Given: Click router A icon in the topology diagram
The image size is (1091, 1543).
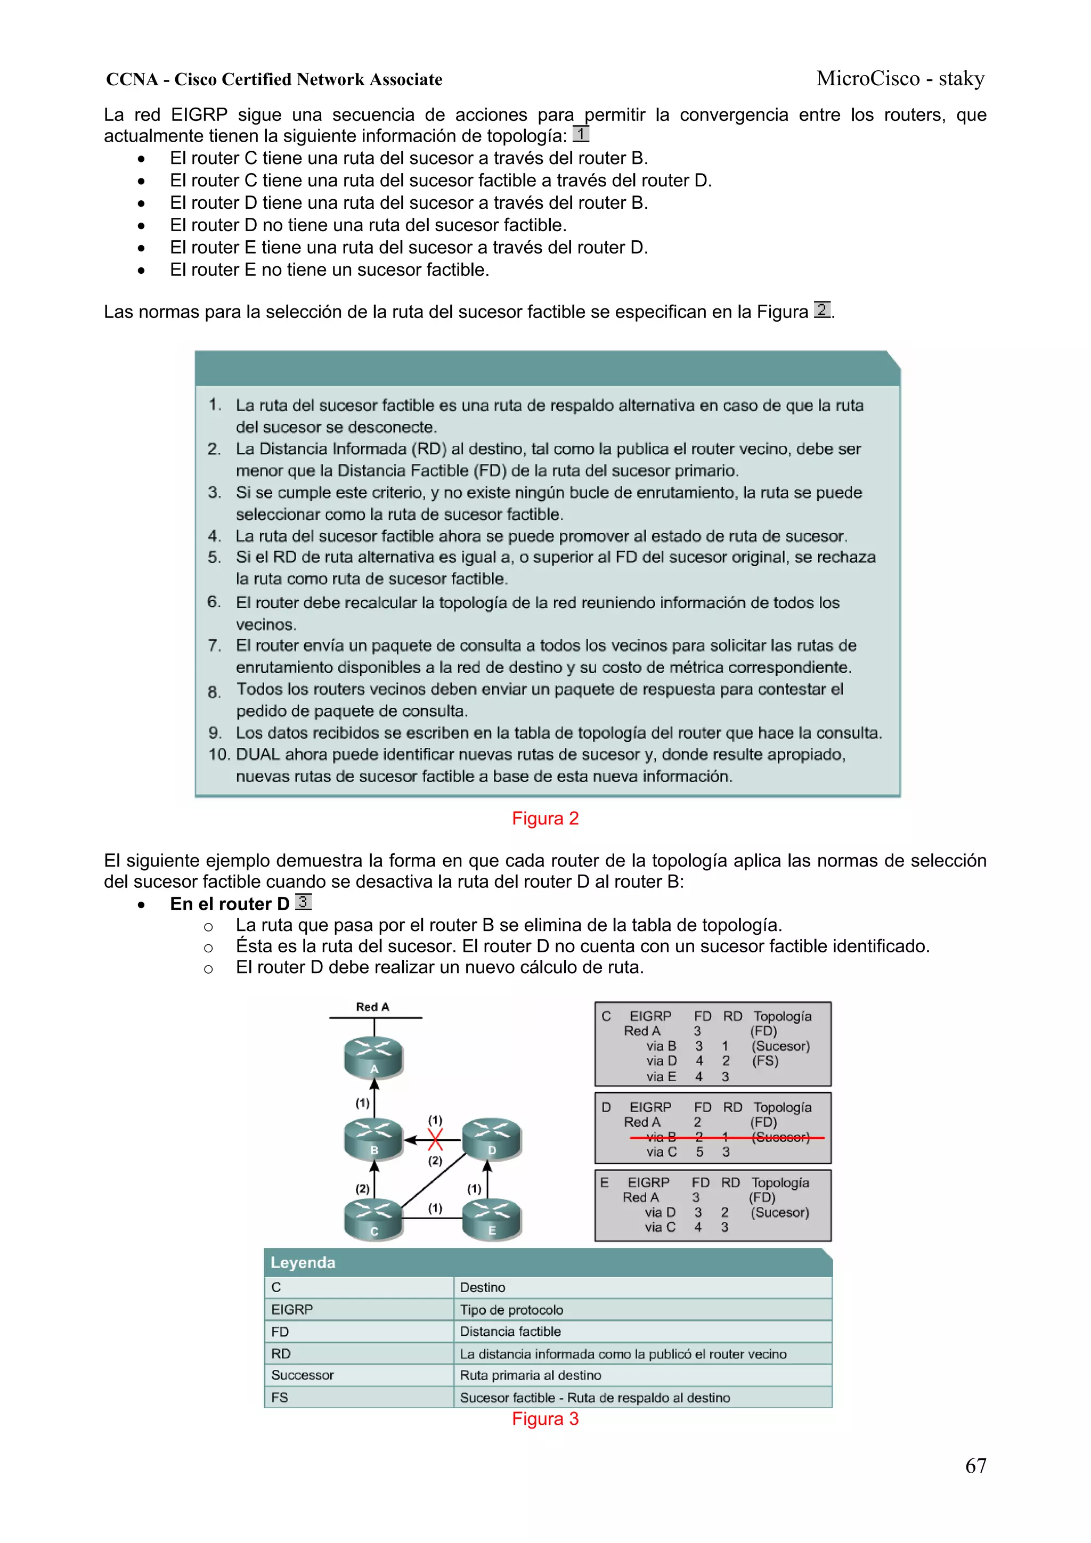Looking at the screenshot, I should (x=374, y=1057).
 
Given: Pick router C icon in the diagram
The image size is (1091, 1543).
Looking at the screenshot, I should (x=374, y=1219).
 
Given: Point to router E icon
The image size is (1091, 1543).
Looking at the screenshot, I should (x=491, y=1219).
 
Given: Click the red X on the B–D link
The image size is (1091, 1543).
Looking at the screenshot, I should (x=436, y=1140).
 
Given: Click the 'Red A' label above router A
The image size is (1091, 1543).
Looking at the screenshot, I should (x=372, y=1007).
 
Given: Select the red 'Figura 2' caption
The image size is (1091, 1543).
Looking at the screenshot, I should (x=544, y=819).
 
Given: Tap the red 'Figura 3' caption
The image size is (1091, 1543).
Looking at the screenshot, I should (x=544, y=1419).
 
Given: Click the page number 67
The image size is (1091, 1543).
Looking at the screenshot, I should (x=975, y=1466).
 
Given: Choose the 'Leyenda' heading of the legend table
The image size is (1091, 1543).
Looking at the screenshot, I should (x=303, y=1263).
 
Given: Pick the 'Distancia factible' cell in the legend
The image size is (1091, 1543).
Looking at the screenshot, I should (x=510, y=1332).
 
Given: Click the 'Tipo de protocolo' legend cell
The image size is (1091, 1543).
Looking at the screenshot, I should (x=511, y=1310).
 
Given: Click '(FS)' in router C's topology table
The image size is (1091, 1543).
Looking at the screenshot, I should (x=765, y=1061).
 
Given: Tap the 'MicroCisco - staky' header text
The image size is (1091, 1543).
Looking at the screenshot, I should (x=900, y=79).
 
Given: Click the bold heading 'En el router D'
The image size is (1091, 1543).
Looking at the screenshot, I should (x=229, y=904).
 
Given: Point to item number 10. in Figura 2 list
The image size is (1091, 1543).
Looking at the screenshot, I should (x=219, y=755).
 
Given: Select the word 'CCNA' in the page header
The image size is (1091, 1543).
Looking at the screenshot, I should (x=132, y=79).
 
